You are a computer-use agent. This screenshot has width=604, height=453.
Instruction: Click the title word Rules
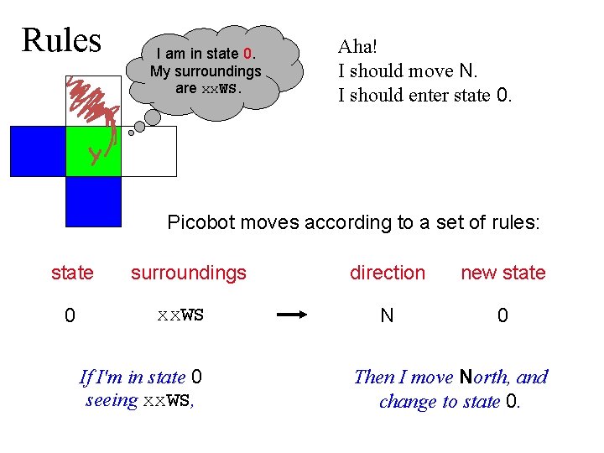coord(61,40)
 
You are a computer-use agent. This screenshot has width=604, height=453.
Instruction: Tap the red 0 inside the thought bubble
coord(247,55)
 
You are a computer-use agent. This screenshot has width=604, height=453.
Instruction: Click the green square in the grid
coord(93,152)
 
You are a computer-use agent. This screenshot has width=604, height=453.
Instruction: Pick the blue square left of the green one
coord(38,152)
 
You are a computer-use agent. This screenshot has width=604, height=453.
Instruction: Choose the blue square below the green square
coord(93,202)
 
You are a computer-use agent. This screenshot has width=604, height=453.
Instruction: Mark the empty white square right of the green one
coord(149,152)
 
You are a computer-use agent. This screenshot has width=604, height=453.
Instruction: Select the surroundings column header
coord(189,273)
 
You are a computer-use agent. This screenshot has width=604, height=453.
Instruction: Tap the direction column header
coord(388,273)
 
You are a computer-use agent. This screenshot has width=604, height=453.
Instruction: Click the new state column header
coord(503,273)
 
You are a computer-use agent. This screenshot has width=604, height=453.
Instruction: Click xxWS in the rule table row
coord(180,316)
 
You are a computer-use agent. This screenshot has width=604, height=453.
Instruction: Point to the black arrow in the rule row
coord(293,316)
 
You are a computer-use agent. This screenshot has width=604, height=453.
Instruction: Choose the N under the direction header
coord(387,316)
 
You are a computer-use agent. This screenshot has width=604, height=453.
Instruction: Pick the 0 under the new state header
coord(502,316)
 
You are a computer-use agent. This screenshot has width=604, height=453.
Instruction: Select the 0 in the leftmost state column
coord(71,316)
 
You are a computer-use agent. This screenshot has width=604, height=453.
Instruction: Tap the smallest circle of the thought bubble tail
coord(131,133)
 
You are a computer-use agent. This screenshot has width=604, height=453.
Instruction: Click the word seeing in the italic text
coord(112,400)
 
